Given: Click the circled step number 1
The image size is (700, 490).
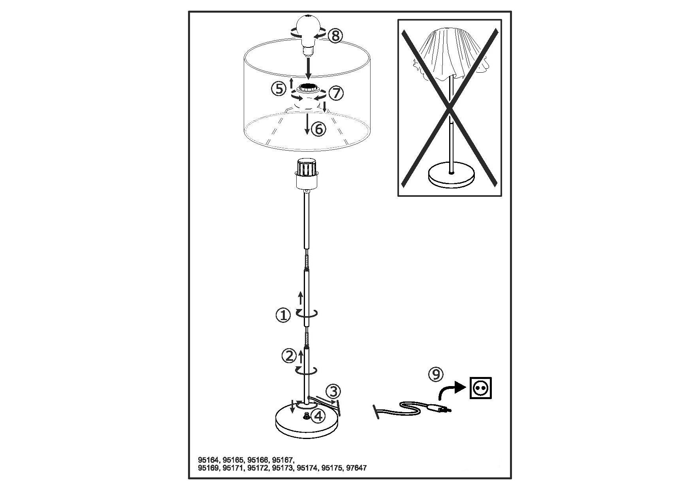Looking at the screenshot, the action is [283, 316].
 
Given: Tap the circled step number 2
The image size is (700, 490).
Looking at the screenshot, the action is [289, 356].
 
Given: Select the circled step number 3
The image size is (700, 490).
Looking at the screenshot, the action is [334, 392].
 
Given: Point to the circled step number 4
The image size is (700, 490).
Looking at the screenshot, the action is [318, 415].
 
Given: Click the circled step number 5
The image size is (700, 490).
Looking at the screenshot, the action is [278, 89].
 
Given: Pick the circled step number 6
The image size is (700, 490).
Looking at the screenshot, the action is [319, 129].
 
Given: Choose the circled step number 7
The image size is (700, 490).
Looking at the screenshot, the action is [336, 93].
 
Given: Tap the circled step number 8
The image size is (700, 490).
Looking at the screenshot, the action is [335, 36].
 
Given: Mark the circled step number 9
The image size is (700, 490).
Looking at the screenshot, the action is [436, 374].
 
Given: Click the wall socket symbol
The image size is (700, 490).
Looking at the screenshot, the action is [481, 388].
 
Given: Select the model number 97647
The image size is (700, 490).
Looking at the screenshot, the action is [356, 468].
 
